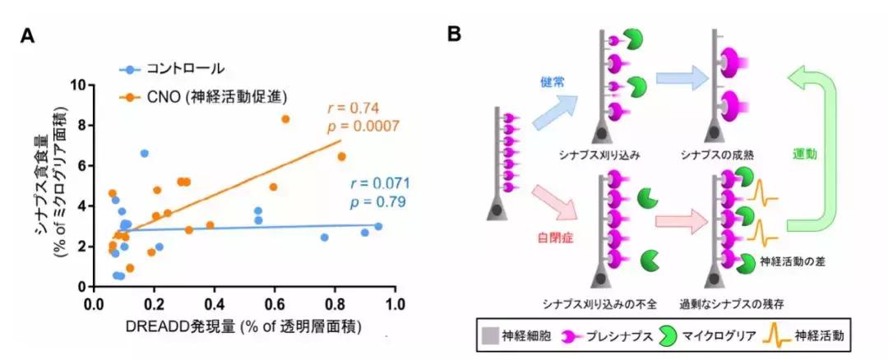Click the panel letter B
point(455,35)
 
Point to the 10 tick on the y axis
point(80,85)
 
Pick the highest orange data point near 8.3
point(285,119)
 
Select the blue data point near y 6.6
point(145,153)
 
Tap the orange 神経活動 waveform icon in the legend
point(782,336)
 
